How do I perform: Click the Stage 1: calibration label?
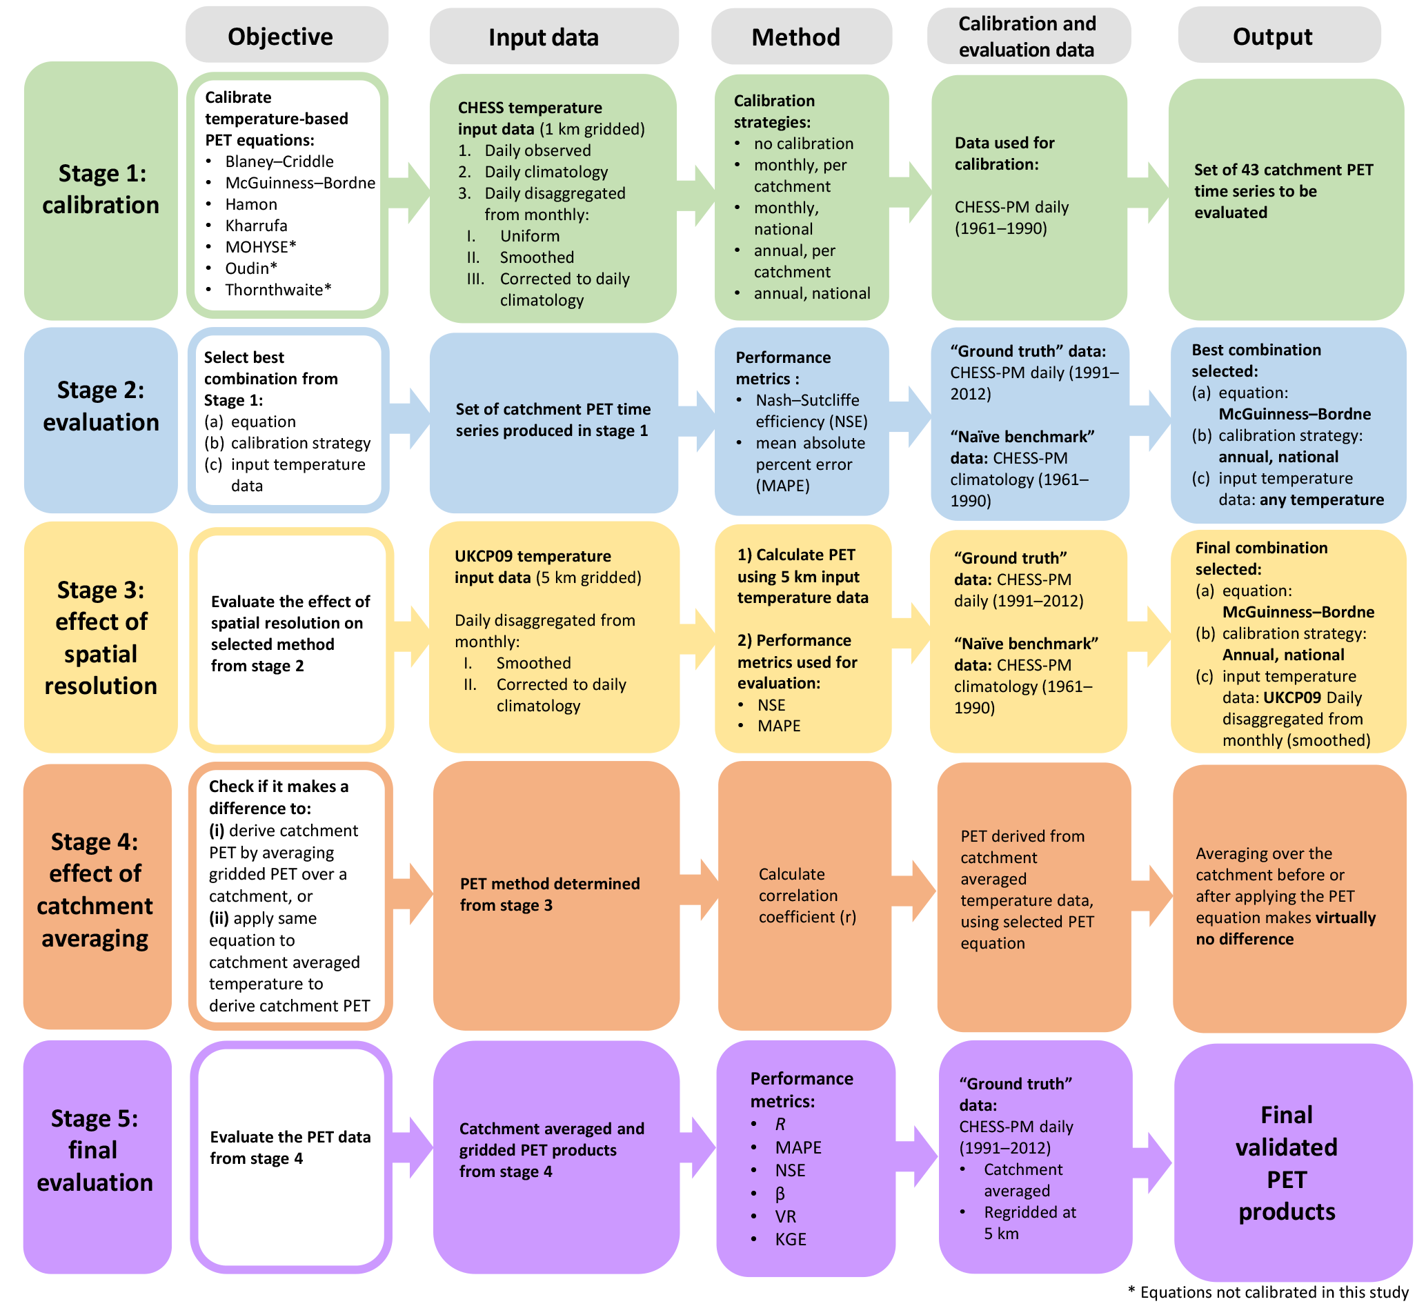point(101,190)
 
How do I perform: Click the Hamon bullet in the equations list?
point(251,204)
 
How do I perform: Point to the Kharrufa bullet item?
point(256,226)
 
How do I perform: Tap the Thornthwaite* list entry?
point(278,290)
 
